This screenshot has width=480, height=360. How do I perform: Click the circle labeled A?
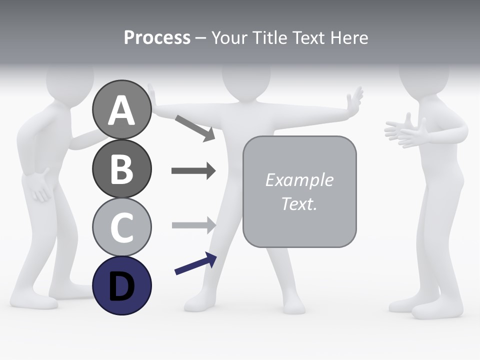point(121,110)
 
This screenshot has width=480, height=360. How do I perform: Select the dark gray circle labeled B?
point(121,168)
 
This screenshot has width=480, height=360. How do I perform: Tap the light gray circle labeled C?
point(121,227)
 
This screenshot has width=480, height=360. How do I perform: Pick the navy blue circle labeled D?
point(121,285)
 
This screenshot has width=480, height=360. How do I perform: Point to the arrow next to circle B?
point(193,171)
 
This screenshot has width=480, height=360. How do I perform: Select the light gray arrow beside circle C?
point(193,224)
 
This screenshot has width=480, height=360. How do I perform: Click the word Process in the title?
point(157,38)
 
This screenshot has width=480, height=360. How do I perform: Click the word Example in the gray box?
point(299,180)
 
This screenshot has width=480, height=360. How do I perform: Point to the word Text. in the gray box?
point(299,203)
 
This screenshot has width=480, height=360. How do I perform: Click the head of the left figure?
point(70,80)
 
